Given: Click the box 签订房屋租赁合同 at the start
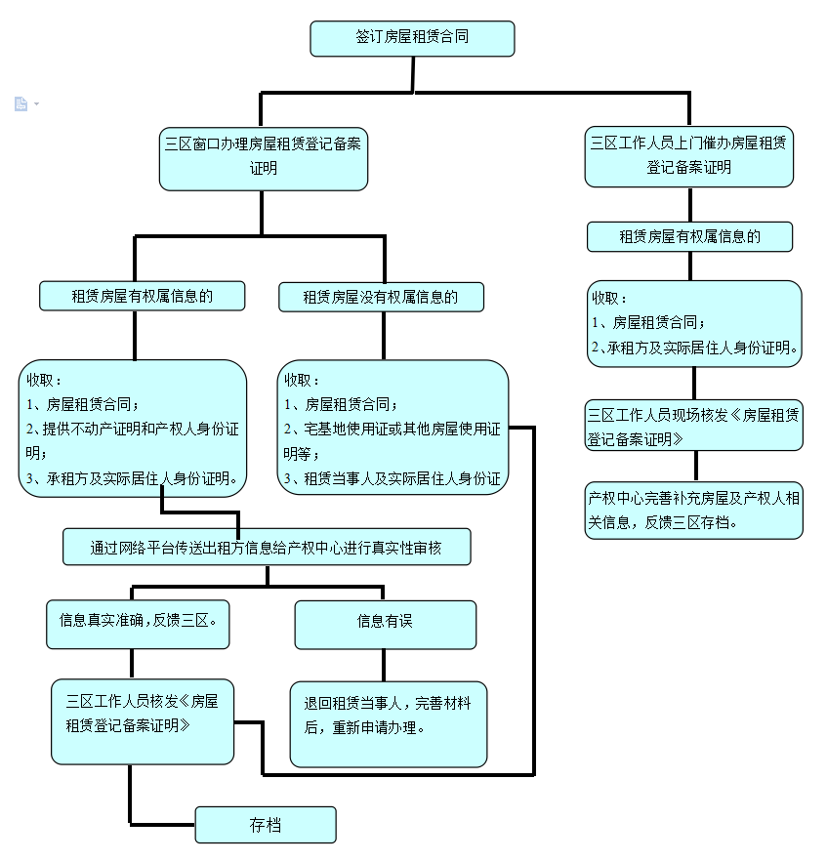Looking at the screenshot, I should [x=412, y=38].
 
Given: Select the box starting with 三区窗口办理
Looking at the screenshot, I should [x=263, y=156].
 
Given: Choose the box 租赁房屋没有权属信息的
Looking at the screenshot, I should [x=381, y=297].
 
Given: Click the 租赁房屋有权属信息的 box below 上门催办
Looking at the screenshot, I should [x=689, y=236].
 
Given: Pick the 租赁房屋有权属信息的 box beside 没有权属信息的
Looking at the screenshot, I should [x=142, y=296].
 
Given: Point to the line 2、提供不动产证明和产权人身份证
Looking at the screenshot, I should [x=132, y=429].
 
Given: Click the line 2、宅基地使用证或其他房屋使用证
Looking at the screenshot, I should [x=392, y=429].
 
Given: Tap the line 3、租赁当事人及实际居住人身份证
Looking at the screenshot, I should [x=392, y=478].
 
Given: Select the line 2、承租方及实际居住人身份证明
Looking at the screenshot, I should [x=695, y=347].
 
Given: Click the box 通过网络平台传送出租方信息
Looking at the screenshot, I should [x=267, y=548].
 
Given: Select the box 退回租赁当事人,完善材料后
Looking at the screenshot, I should [x=388, y=723].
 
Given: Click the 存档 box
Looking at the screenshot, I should [x=265, y=825].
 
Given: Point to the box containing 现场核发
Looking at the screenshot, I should [x=694, y=426].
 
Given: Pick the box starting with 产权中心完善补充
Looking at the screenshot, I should [x=694, y=510].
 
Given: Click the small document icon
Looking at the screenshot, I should [x=21, y=103].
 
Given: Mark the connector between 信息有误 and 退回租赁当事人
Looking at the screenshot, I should [x=385, y=665].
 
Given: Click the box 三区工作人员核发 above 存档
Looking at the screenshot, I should [x=143, y=720].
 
